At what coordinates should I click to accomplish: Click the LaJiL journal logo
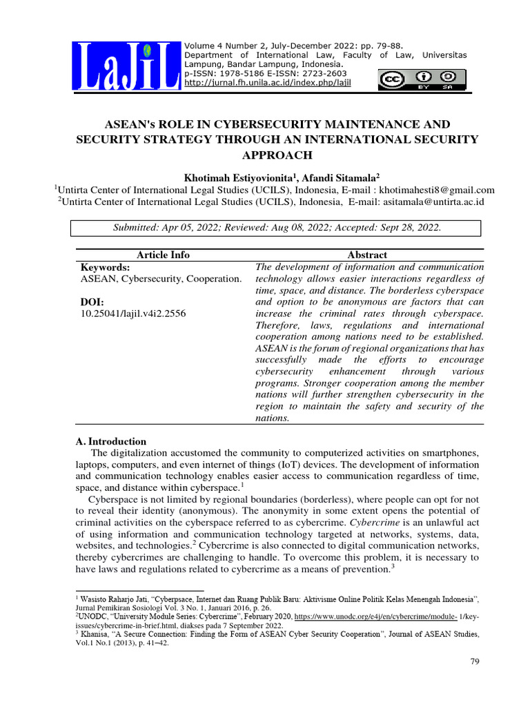click(126, 67)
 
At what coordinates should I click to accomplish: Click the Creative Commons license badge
click(417, 80)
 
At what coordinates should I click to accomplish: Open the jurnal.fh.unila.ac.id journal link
click(267, 83)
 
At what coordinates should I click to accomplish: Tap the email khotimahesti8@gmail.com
click(429, 191)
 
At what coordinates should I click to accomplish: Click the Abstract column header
click(368, 255)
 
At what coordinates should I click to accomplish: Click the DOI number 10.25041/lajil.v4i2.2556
click(133, 313)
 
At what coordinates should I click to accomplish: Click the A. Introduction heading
click(110, 441)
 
